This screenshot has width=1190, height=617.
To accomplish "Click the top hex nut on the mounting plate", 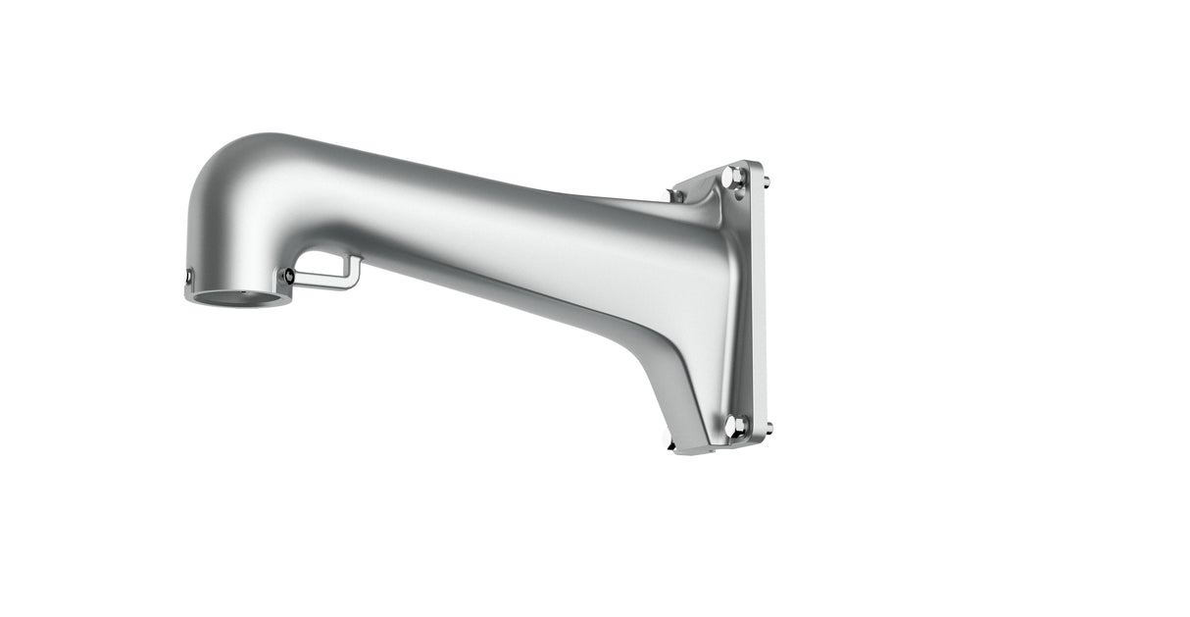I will (x=733, y=178).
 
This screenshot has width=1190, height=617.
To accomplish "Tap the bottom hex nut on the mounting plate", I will (x=734, y=426).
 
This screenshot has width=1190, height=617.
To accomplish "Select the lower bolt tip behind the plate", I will (x=769, y=428).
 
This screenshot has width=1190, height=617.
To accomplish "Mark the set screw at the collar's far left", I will (x=188, y=281).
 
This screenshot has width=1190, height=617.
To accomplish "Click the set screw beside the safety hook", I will (x=287, y=277).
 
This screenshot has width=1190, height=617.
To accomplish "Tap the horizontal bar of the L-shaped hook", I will (x=323, y=285).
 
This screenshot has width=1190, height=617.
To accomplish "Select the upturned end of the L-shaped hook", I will (x=357, y=267).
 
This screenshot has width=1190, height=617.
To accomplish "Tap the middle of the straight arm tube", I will (x=461, y=235).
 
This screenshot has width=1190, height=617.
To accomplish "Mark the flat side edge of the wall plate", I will (x=758, y=304).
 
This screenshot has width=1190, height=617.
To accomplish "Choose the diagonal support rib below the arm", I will (x=676, y=383).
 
